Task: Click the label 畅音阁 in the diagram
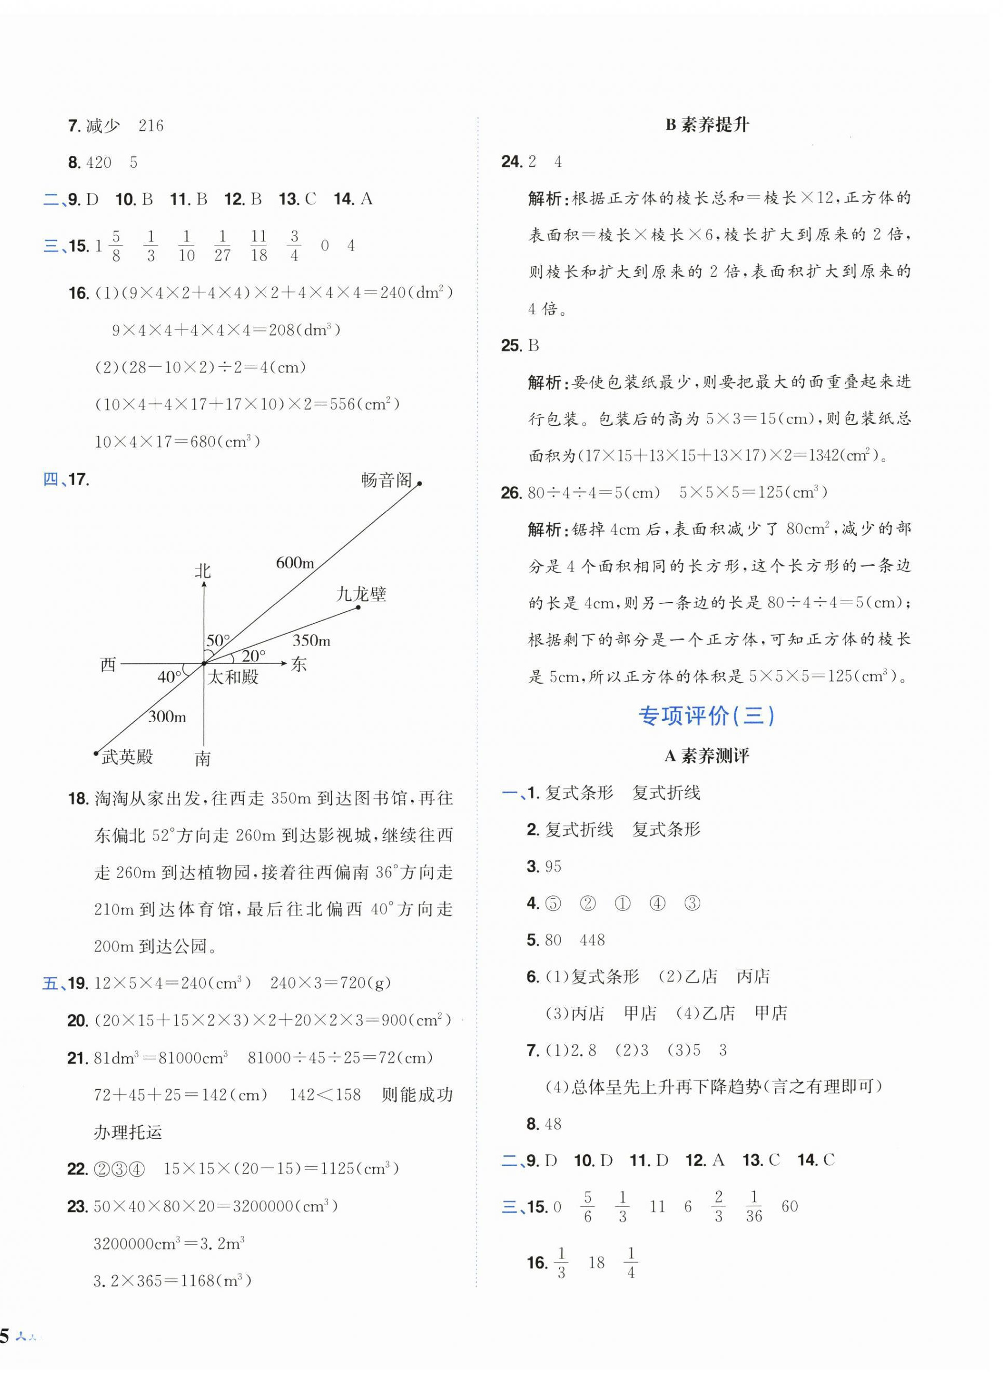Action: pos(386,480)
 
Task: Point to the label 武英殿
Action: pos(128,757)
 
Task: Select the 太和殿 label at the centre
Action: pos(233,677)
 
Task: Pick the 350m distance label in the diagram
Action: pos(311,640)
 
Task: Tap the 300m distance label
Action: pos(167,717)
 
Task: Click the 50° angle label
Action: pos(218,641)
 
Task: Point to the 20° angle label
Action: pos(254,656)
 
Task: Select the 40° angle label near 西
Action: pos(169,677)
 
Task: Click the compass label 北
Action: pos(203,571)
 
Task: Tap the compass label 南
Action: pos(203,759)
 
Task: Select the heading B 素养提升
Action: pos(707,125)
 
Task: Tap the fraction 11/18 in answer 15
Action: pos(258,246)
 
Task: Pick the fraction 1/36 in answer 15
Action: pos(753,1207)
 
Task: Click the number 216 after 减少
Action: pos(151,126)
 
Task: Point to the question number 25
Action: pos(511,346)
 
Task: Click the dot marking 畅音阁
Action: pos(419,483)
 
